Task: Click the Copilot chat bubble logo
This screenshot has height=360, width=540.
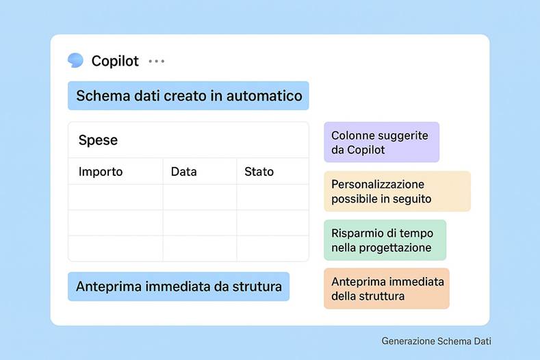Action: [75, 60]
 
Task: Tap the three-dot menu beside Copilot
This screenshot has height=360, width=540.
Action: [157, 61]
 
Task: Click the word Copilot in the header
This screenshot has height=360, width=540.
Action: [115, 61]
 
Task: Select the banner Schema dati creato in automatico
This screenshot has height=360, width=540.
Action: [188, 96]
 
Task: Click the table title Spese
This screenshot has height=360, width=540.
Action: [98, 140]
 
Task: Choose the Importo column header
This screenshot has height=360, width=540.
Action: [101, 172]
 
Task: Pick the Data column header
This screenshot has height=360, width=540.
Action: [184, 172]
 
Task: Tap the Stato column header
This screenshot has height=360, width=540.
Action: [259, 172]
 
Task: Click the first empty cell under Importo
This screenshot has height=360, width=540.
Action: [116, 197]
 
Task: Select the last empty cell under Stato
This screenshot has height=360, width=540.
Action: [272, 248]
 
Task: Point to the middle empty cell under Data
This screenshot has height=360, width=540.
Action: [200, 222]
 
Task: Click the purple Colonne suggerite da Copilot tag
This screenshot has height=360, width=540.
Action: [381, 142]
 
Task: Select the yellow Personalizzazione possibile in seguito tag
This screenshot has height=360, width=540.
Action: [397, 192]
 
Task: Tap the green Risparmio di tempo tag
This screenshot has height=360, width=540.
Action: [385, 240]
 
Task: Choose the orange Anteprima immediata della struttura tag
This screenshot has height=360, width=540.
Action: [387, 289]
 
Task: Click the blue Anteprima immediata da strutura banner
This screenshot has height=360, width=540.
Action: [179, 287]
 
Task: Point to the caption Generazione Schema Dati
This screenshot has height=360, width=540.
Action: [436, 341]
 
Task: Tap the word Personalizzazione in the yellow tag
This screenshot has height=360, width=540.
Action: [378, 185]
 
